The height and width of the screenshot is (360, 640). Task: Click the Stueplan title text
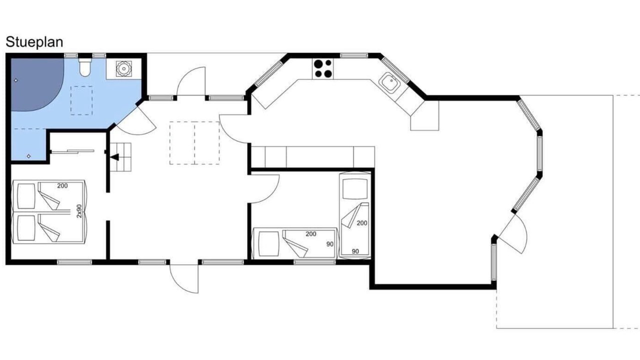tap(34, 42)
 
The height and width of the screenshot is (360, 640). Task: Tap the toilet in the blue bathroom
tap(85, 67)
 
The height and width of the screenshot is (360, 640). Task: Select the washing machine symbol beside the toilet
tap(123, 69)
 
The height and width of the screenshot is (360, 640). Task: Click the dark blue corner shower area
tap(35, 83)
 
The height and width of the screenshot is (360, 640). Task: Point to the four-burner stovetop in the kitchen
tap(323, 68)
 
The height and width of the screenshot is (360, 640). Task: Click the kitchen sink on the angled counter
tap(389, 83)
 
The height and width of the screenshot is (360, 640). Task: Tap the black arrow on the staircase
tap(115, 157)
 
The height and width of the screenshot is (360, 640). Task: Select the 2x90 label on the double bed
tap(79, 211)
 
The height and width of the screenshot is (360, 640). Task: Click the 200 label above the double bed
tap(62, 185)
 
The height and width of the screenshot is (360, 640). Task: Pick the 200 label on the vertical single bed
tap(361, 223)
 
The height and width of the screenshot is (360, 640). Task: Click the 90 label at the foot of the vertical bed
tap(355, 251)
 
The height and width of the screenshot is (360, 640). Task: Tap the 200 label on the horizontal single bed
tap(311, 234)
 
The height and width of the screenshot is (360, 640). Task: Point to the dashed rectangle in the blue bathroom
tap(81, 100)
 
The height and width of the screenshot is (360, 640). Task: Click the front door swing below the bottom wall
tap(183, 279)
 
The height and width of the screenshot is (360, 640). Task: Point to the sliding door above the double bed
tap(72, 151)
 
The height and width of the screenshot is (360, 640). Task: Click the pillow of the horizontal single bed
tap(268, 243)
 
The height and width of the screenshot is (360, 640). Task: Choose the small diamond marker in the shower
tap(15, 80)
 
